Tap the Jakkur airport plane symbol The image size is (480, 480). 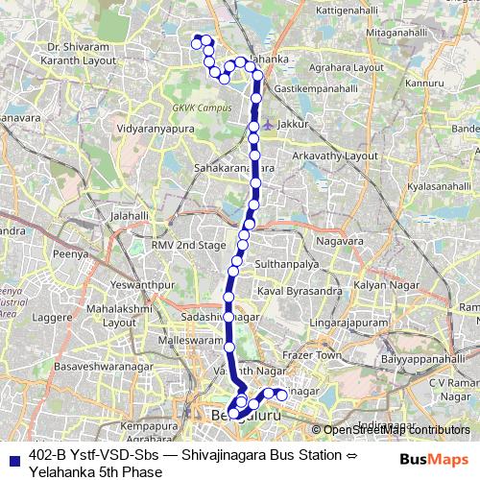click(x=267, y=124)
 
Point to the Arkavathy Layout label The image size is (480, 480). click(x=336, y=155)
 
